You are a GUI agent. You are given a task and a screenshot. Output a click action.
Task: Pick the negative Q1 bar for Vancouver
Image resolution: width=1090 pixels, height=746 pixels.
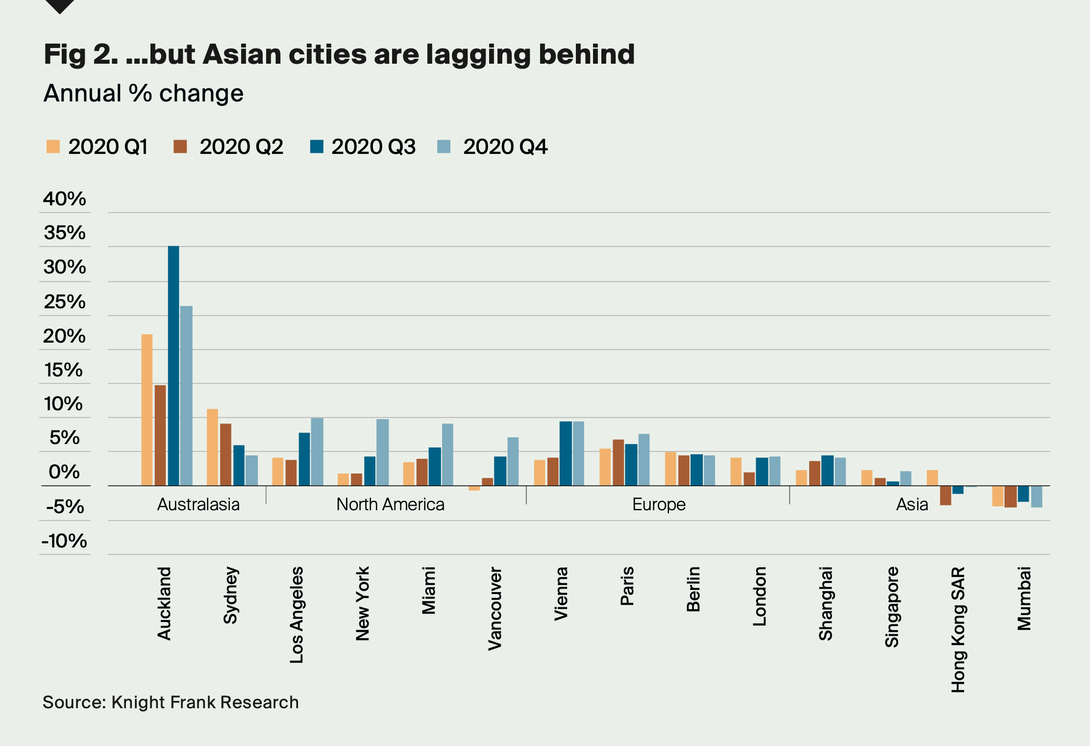474,488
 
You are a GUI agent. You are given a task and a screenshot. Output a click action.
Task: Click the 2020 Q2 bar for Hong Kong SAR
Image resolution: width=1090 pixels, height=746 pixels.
945,495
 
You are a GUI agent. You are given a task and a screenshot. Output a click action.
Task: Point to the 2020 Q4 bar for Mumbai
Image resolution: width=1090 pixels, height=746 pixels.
1036,496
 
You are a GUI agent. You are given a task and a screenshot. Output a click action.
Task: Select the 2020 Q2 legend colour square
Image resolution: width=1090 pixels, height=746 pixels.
180,147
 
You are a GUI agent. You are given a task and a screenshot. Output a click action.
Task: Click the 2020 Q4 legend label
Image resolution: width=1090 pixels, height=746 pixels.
505,147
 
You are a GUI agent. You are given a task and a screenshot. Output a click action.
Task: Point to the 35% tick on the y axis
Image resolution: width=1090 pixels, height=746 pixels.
65,233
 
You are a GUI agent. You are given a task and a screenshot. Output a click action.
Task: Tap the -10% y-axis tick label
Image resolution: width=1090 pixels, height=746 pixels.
64,541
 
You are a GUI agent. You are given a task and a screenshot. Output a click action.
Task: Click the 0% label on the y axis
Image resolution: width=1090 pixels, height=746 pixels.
64,472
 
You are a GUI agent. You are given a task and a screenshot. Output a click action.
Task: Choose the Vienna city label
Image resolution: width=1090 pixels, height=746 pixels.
561,594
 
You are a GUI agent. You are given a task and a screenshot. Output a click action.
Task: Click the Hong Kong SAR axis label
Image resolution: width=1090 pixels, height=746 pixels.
958,629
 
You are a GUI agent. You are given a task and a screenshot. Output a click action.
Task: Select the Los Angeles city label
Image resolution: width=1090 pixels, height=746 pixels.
297,615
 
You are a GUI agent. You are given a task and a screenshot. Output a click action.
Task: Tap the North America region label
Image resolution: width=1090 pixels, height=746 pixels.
390,504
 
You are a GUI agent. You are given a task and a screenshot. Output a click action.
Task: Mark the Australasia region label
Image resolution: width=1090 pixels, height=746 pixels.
198,504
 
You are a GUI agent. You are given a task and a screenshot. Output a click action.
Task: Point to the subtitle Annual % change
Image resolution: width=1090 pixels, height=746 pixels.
144,93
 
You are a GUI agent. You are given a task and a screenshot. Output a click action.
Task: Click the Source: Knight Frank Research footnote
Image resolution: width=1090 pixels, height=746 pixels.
171,702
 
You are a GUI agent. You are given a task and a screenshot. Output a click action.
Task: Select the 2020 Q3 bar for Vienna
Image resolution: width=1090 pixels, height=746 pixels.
566,453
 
